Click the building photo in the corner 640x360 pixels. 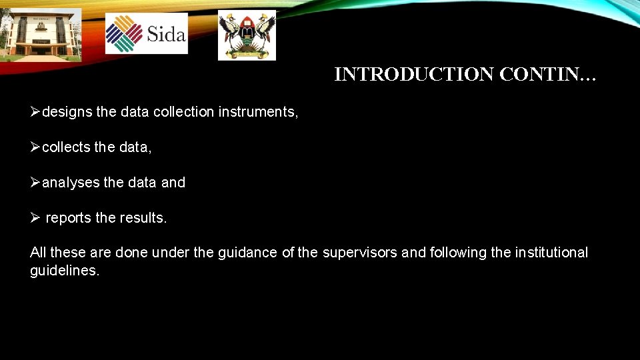click(x=40, y=34)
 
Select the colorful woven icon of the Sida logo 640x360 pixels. click(x=124, y=33)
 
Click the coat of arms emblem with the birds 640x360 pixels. click(x=247, y=35)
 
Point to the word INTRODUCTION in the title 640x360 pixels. click(x=413, y=75)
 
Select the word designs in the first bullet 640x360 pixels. click(x=67, y=112)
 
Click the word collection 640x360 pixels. click(x=183, y=112)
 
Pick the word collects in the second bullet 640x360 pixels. click(x=66, y=147)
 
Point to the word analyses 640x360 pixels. click(x=71, y=183)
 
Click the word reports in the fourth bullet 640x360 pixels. click(x=69, y=218)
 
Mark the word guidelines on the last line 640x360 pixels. click(x=64, y=271)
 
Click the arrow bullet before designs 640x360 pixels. click(x=35, y=112)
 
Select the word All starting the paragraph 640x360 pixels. click(x=38, y=253)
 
